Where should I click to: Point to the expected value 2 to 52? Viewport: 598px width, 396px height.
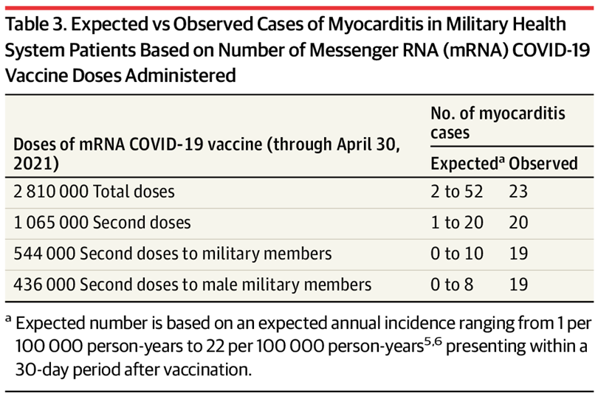point(456,192)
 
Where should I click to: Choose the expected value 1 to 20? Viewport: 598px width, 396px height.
point(456,223)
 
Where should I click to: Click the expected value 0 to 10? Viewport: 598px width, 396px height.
point(456,254)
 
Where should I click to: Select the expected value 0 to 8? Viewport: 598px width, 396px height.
point(451,284)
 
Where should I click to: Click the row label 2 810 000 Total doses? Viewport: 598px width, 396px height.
point(94,192)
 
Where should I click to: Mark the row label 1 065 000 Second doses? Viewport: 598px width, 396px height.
point(102,223)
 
